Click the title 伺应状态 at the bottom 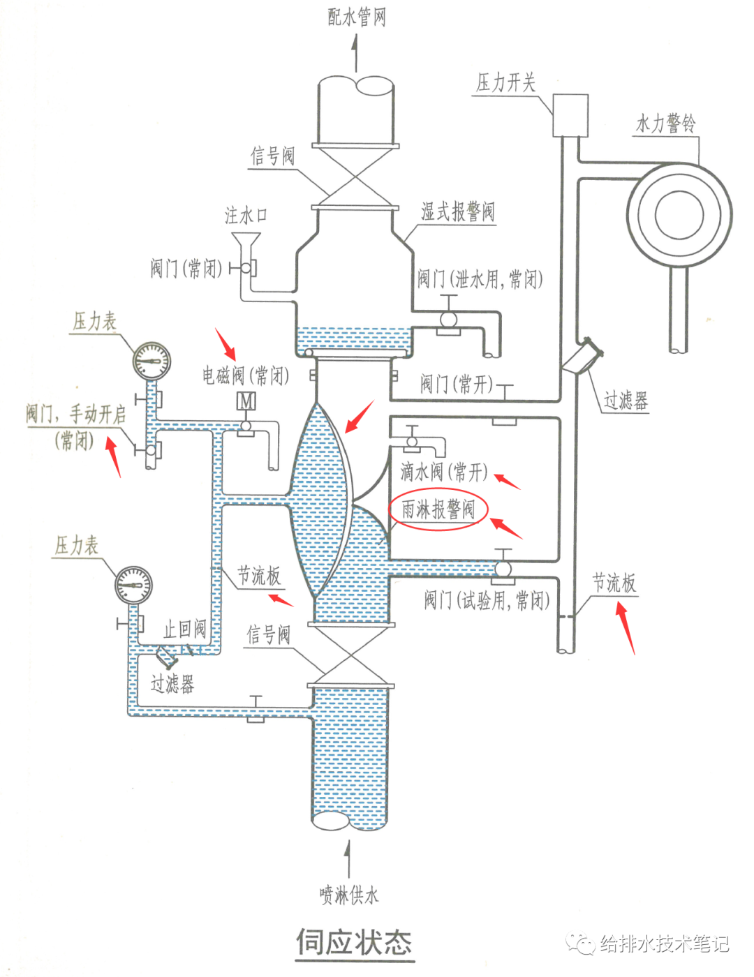354,942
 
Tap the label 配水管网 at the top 356,17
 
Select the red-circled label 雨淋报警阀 438,510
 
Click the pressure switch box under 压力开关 570,115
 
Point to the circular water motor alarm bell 679,214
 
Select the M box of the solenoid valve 246,401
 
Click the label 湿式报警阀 457,211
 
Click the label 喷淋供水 348,895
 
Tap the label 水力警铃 665,124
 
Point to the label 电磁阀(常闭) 246,375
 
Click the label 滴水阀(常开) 443,472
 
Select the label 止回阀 185,629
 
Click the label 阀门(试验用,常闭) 487,599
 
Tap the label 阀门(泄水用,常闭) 480,279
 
